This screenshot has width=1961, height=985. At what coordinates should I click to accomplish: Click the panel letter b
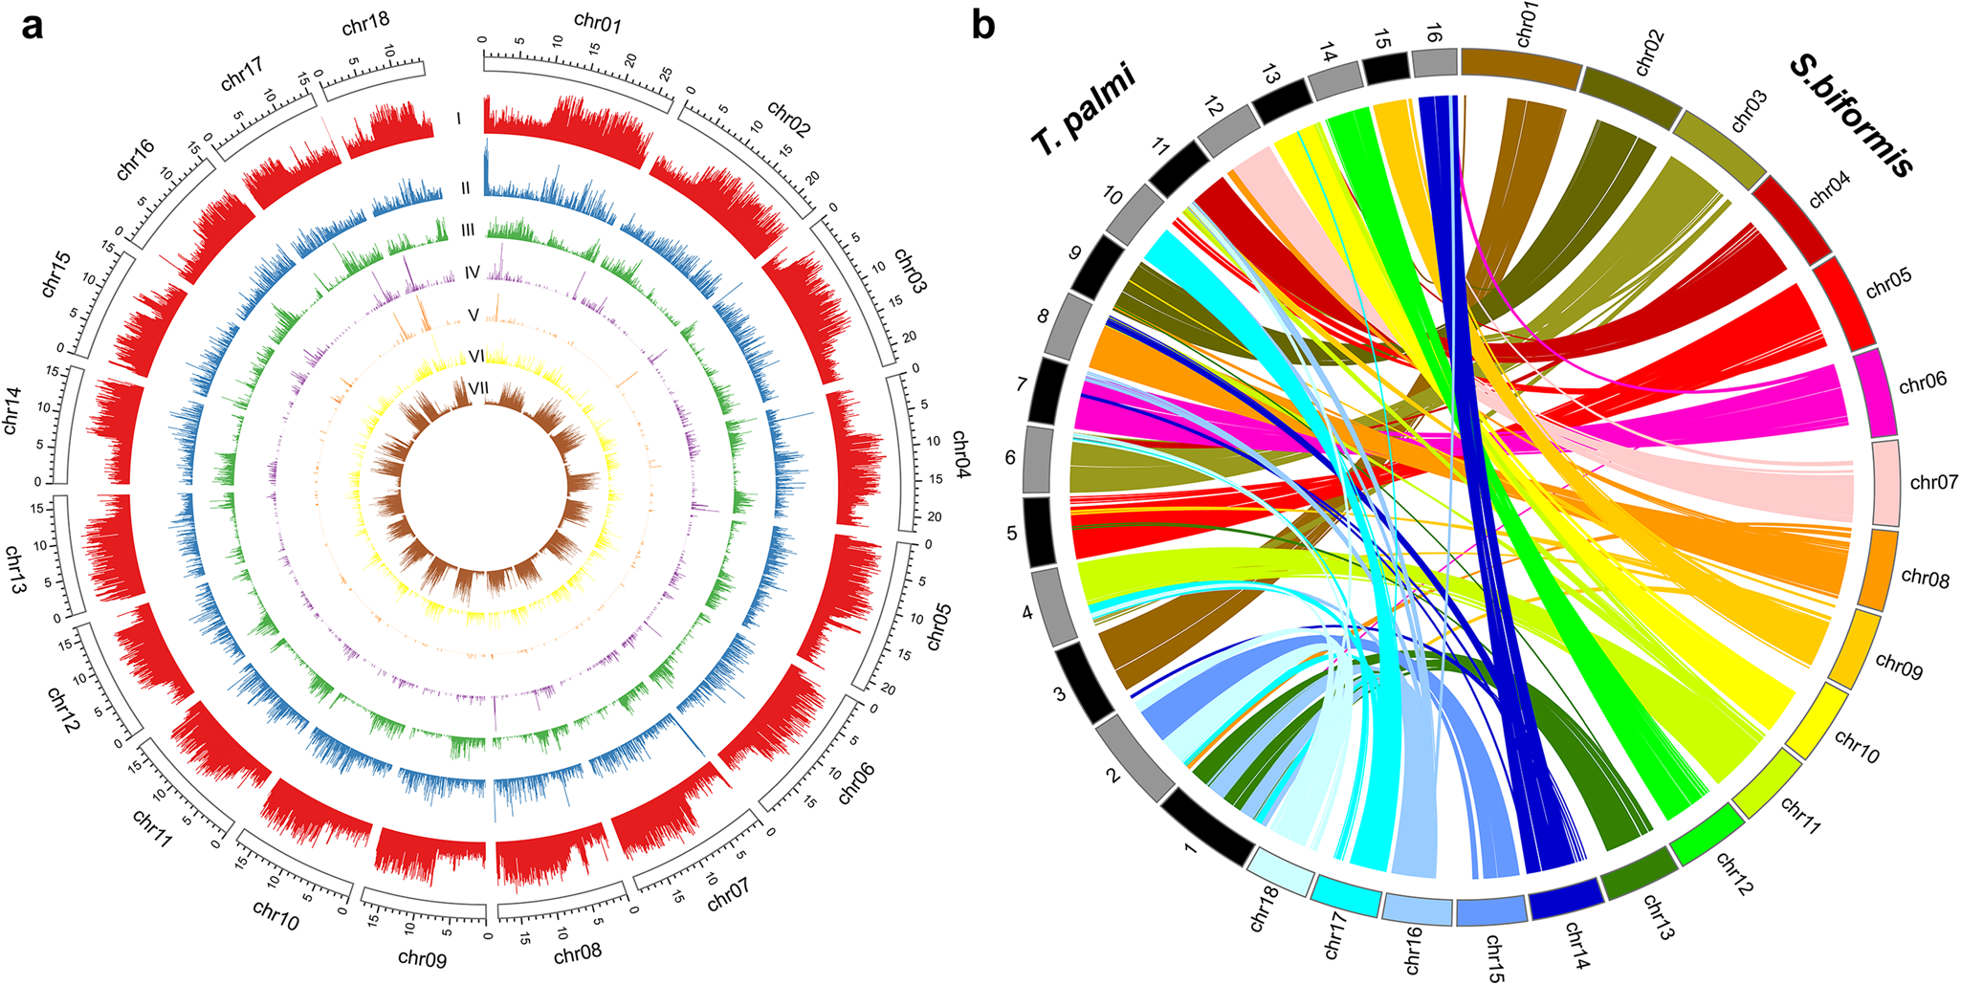coord(982,26)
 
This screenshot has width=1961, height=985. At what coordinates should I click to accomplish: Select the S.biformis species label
coord(1852,115)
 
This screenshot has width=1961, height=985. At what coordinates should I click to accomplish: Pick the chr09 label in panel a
coord(422,956)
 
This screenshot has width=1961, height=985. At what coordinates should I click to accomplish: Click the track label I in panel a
coord(459,120)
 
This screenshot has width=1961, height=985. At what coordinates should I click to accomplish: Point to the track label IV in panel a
coord(472,274)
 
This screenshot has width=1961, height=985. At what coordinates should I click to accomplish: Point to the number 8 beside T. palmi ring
coord(1044,317)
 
